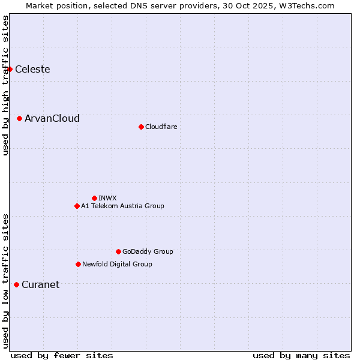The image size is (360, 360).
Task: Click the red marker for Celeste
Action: click(x=10, y=70)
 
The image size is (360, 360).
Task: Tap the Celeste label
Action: click(x=32, y=70)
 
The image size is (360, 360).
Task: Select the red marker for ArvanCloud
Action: click(x=20, y=119)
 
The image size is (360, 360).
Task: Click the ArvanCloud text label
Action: click(x=52, y=119)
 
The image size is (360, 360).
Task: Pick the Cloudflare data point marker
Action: click(x=141, y=127)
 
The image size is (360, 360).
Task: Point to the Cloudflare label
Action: click(x=161, y=127)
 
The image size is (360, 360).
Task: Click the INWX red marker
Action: click(x=94, y=198)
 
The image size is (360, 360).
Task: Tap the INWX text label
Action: click(x=107, y=198)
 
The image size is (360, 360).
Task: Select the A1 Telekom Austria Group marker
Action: click(x=77, y=206)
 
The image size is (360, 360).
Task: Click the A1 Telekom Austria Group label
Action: click(x=122, y=206)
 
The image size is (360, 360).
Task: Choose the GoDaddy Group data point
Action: click(x=118, y=251)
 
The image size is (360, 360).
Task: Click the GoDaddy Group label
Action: click(x=148, y=251)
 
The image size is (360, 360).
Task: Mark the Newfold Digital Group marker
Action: click(x=78, y=264)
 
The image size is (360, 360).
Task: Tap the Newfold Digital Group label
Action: click(x=117, y=264)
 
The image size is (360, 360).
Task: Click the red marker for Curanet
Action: click(x=16, y=284)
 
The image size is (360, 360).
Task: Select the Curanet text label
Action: click(x=40, y=285)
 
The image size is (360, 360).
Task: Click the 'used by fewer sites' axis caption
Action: click(x=62, y=355)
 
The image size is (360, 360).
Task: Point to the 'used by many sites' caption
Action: click(x=301, y=355)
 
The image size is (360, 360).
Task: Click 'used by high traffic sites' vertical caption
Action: click(x=5, y=85)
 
